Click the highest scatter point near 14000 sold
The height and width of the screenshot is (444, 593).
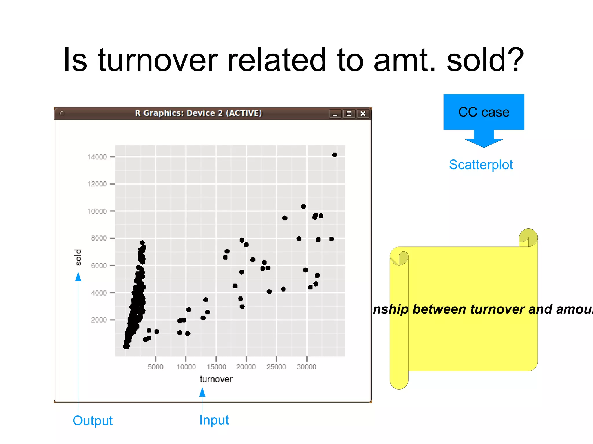(334, 155)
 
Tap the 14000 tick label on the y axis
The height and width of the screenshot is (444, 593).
(97, 157)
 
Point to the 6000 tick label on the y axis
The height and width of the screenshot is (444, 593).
(99, 266)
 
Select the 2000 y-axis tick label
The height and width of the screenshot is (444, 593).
(99, 320)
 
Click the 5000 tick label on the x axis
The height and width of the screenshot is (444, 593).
(155, 367)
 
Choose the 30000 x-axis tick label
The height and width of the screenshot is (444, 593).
(306, 367)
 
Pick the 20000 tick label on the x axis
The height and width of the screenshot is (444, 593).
(246, 367)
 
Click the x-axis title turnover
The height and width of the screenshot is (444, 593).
(216, 379)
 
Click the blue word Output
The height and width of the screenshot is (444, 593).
(93, 421)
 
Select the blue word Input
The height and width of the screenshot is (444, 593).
(214, 420)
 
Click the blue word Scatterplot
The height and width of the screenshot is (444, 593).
(481, 165)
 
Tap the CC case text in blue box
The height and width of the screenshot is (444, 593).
(484, 112)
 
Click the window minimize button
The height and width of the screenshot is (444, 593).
(335, 114)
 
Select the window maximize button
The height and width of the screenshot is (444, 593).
(349, 114)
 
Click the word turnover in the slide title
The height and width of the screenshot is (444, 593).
(158, 60)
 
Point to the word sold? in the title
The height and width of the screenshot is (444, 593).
(485, 60)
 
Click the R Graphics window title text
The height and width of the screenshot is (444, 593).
(198, 113)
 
